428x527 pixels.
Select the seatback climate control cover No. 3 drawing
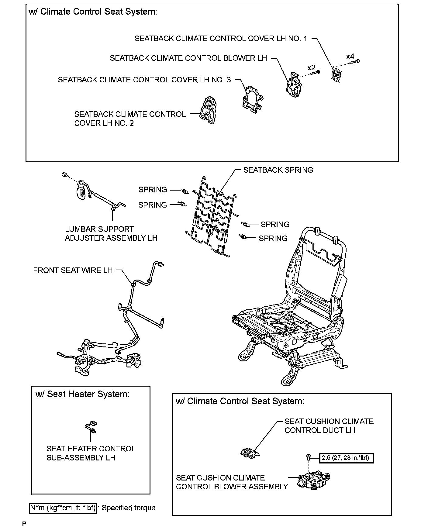[x=252, y=99]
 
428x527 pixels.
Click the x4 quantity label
[x=350, y=57]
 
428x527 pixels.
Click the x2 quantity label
[x=311, y=67]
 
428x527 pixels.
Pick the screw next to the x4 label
[x=354, y=62]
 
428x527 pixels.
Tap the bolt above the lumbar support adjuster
[x=64, y=174]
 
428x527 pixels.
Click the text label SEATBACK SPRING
[x=278, y=170]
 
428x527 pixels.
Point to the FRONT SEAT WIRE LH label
[x=73, y=270]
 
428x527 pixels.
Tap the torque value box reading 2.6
[x=346, y=458]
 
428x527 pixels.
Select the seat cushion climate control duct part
[x=250, y=453]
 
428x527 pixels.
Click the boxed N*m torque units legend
[x=63, y=508]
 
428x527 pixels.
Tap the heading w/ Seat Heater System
[x=82, y=394]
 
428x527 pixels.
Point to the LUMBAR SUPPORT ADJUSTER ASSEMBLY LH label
[x=111, y=233]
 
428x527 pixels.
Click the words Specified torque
[x=129, y=508]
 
